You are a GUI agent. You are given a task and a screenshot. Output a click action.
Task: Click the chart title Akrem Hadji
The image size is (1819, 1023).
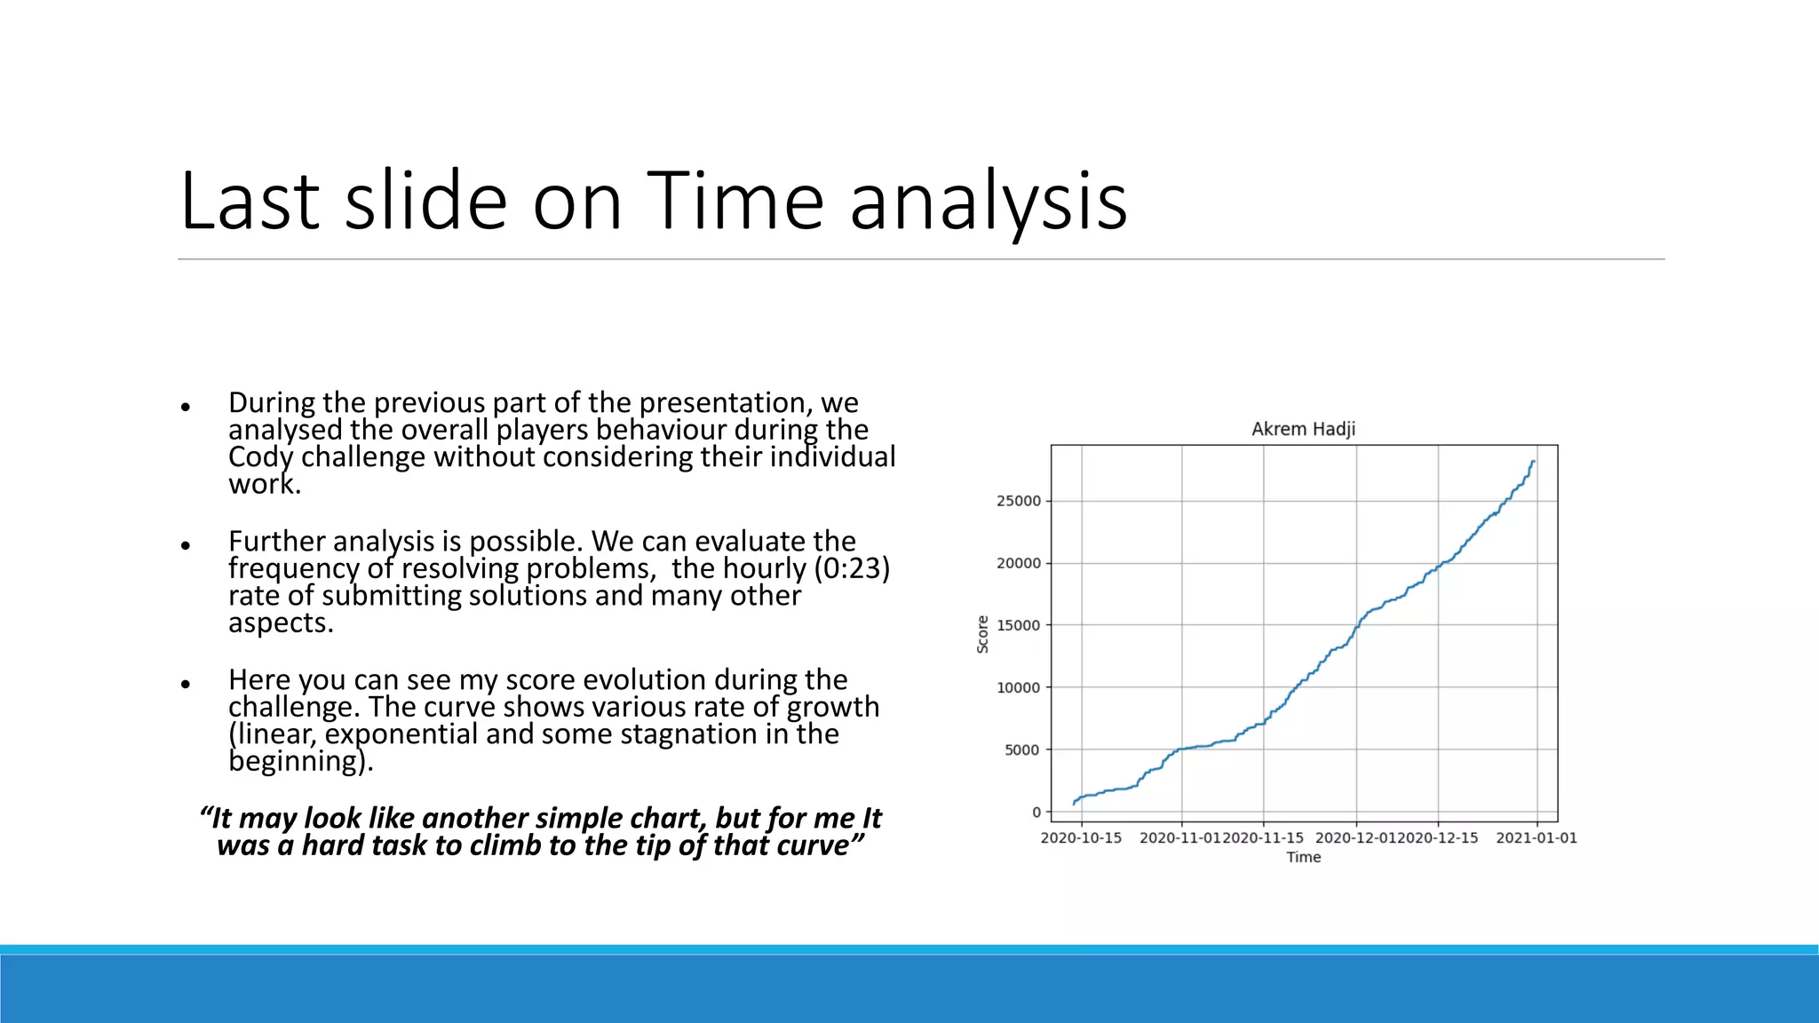point(1303,429)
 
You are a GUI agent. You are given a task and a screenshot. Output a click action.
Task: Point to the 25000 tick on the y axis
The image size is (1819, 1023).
point(1018,501)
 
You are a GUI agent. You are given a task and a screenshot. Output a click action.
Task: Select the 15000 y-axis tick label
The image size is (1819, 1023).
point(1018,625)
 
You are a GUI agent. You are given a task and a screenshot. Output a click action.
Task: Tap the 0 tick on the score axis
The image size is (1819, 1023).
point(1036,812)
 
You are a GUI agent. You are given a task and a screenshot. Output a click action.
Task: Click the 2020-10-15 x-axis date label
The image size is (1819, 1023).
point(1081,837)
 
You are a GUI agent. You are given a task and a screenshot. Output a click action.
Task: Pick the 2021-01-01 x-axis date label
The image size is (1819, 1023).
point(1536,837)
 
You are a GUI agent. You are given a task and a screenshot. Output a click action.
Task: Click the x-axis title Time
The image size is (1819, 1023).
point(1303,857)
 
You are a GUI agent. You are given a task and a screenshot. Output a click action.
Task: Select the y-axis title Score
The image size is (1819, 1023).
point(982,634)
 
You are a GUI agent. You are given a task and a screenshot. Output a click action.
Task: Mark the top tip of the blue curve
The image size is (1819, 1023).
point(1534,462)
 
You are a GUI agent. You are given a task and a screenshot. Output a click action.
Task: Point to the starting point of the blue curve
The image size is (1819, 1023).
point(1074,804)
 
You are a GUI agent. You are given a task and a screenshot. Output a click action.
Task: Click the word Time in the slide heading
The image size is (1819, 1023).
point(735,202)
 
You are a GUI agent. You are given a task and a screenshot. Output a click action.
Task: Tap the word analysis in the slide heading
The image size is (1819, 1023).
point(988,202)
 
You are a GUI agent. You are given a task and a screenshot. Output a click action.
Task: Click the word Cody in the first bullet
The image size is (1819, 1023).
point(259,457)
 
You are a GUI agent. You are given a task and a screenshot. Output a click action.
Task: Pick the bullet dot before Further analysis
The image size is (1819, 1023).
point(186,545)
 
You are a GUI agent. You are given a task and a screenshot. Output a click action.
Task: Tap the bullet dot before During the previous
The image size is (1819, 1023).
point(186,407)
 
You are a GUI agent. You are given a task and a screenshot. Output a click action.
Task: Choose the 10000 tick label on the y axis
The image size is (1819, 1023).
point(1018,687)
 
